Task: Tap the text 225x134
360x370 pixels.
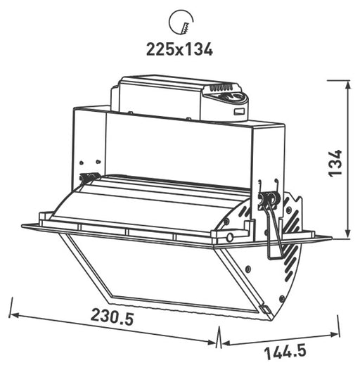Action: [179, 49]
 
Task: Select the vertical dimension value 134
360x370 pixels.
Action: [336, 162]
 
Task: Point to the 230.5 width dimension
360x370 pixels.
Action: [112, 317]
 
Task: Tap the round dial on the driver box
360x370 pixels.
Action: [236, 98]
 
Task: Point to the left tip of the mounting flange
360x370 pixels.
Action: [23, 227]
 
